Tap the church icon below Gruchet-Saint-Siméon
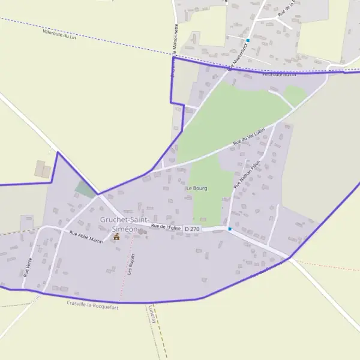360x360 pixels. point(116,236)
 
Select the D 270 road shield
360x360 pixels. point(192,229)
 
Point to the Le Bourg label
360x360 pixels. point(197,188)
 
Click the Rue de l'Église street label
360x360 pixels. point(166,226)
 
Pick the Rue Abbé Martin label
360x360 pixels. point(86,236)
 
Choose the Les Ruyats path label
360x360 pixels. point(131,263)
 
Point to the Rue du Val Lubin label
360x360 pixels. point(249,139)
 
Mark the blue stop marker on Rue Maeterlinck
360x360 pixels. point(247,40)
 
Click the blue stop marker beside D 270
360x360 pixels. point(229,229)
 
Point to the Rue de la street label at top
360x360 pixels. point(285,8)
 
